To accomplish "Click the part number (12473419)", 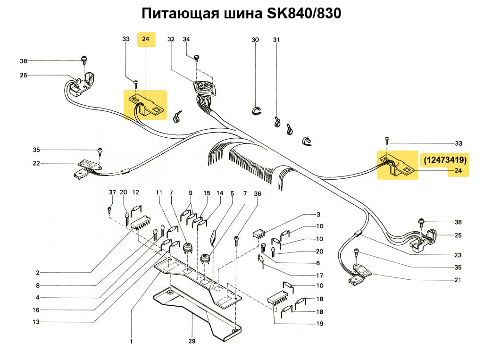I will pos(445,160).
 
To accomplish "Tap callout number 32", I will pos(171,40).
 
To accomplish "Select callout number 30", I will pos(255,40).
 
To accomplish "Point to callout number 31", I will pos(276,40).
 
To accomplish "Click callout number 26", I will pos(24,75).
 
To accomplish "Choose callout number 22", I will pos(37,163).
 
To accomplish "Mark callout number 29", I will pos(192,341).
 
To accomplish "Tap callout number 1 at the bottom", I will pos(131,341).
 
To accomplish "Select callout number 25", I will pos(458,235).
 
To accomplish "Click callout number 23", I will pos(458,255).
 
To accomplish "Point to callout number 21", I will pos(458,280).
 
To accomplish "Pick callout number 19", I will pos(320,324).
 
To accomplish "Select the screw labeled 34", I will pos(197,58).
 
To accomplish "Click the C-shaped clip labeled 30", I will pos(255,110).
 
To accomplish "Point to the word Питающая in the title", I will pos(180,14).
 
